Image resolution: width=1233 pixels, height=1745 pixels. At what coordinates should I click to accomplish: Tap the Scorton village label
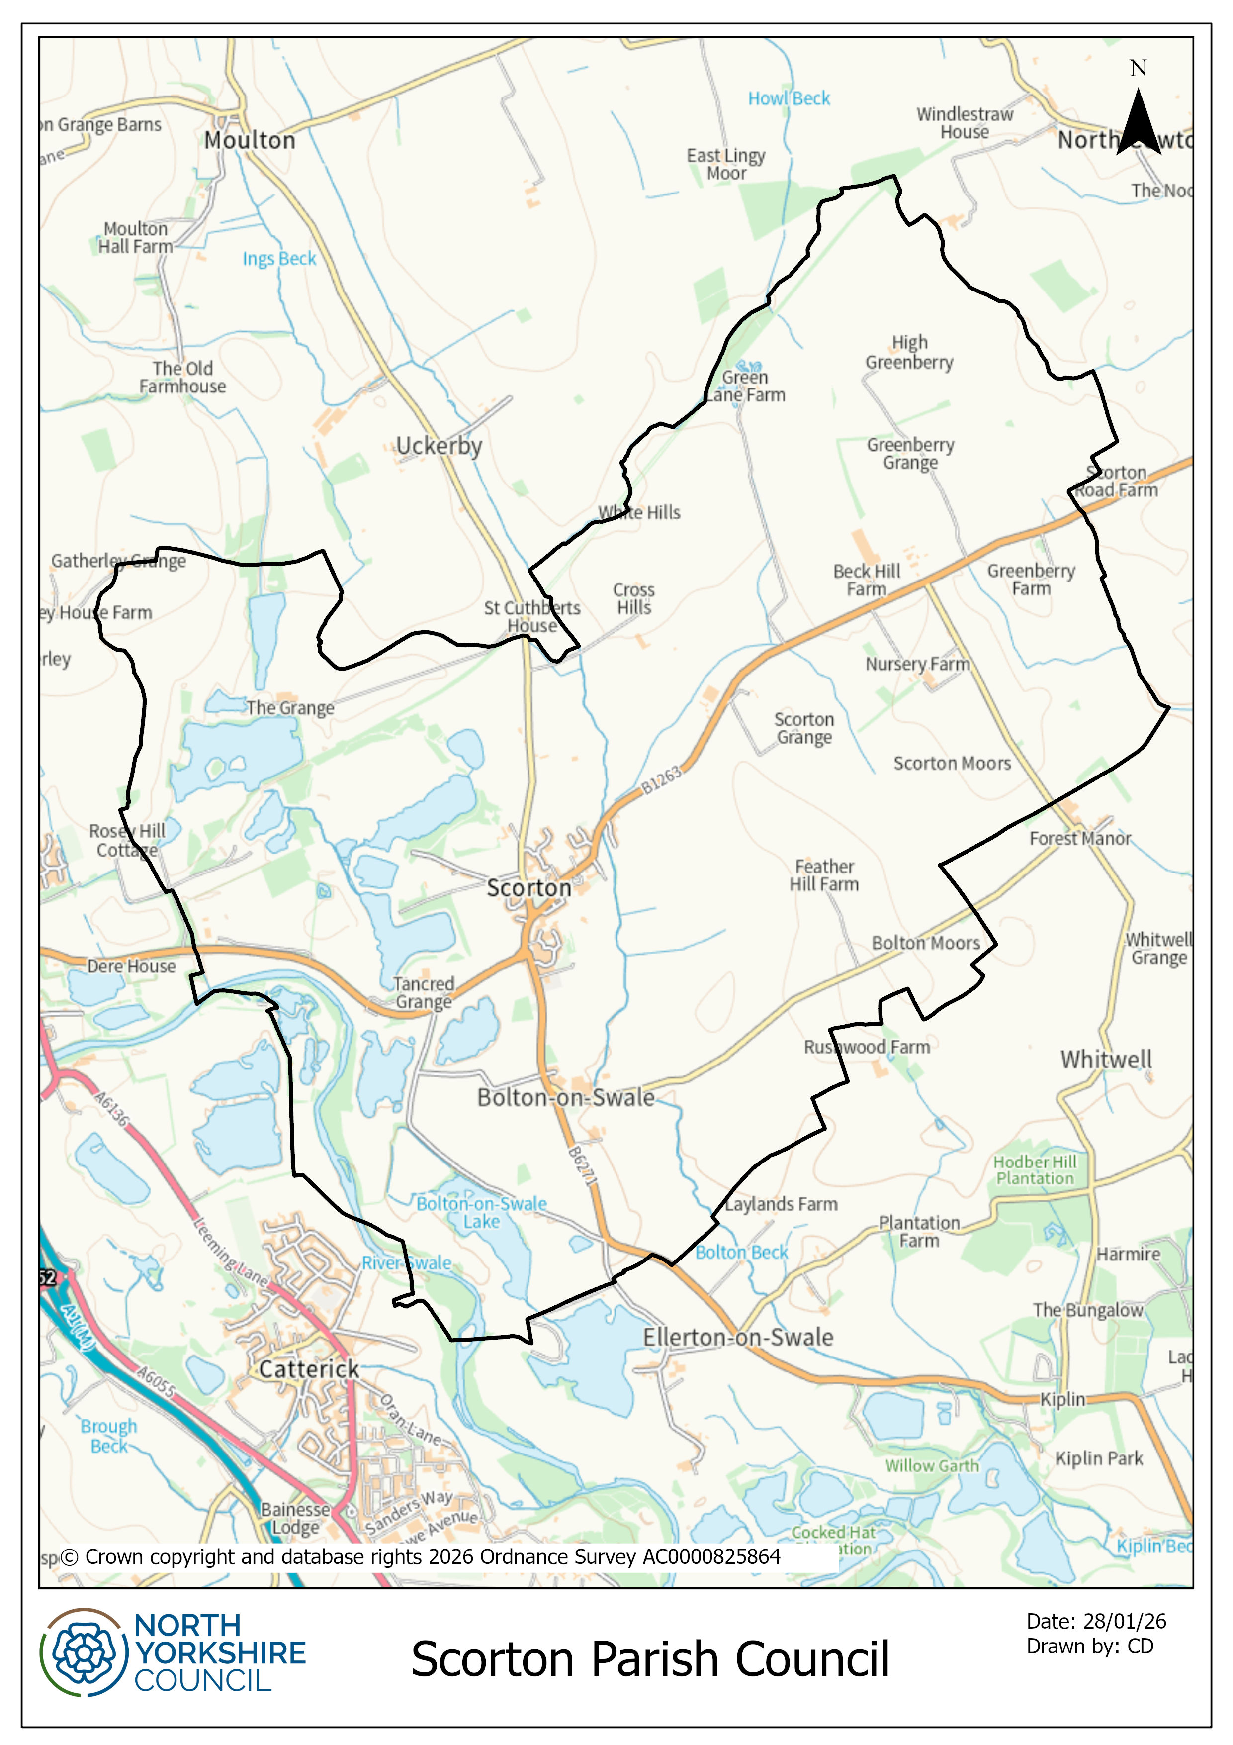(x=529, y=888)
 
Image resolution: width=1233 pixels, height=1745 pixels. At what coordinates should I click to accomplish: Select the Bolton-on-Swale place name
(x=565, y=1097)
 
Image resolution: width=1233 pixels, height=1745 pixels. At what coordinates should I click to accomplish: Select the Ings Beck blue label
(x=279, y=258)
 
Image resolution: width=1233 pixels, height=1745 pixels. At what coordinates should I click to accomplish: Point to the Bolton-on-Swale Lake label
(x=482, y=1212)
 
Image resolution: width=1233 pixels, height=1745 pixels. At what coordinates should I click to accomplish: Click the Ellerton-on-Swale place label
(x=738, y=1337)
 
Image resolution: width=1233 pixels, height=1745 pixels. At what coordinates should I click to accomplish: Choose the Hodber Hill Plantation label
(x=1035, y=1169)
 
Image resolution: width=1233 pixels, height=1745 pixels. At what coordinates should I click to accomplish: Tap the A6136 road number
(x=111, y=1109)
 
